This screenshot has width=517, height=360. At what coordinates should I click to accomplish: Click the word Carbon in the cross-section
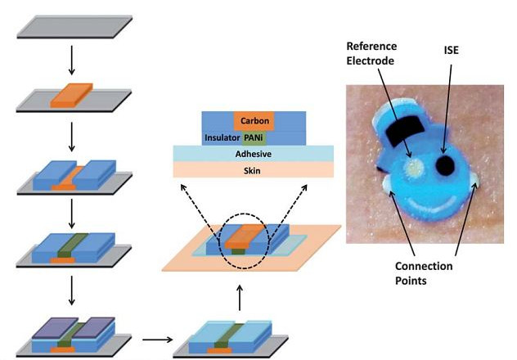coord(254,119)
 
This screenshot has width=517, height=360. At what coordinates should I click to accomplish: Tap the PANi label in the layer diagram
coord(255,137)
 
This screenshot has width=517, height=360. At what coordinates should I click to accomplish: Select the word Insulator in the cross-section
coord(221,137)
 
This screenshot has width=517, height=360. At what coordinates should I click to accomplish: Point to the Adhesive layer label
coord(254,153)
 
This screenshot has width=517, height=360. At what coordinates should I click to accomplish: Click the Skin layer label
coord(254,169)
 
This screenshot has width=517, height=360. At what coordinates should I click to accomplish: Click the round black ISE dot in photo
coord(446,168)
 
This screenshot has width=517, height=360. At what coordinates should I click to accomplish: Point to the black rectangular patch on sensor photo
coord(402,130)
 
